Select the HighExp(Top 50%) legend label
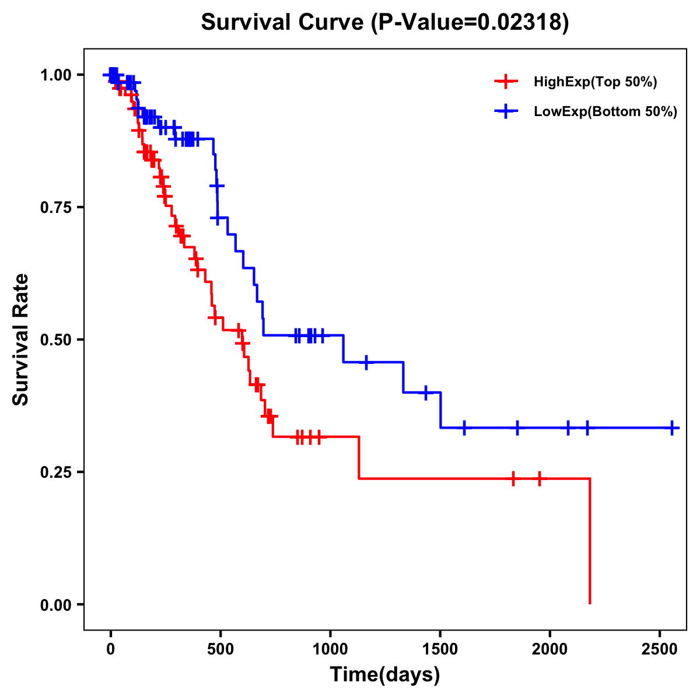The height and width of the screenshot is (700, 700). [x=596, y=82]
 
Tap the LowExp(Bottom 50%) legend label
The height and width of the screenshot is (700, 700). [x=605, y=112]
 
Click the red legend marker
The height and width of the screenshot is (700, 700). [x=506, y=82]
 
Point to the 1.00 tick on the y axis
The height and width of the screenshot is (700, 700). [x=55, y=75]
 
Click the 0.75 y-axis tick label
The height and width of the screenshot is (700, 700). [x=55, y=207]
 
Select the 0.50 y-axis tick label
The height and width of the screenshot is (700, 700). [x=55, y=339]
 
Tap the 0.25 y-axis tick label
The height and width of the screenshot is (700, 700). [x=55, y=472]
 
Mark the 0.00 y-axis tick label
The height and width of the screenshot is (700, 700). [x=55, y=604]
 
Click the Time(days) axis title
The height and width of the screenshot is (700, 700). [x=385, y=675]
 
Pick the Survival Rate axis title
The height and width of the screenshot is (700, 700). [x=21, y=339]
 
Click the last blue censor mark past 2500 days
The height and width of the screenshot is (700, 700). [x=672, y=428]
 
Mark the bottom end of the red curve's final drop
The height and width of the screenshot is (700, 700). [x=590, y=603]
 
